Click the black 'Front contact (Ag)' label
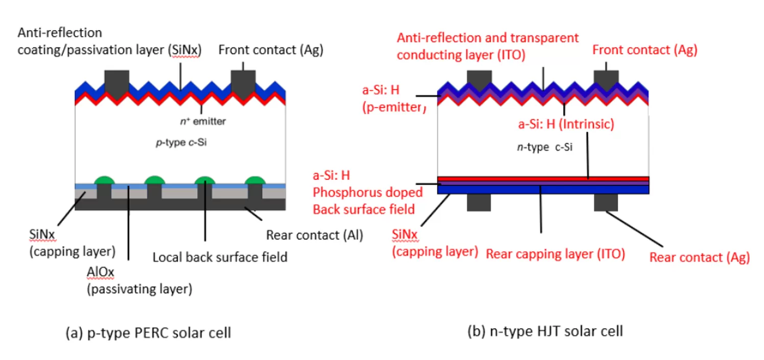point(271,50)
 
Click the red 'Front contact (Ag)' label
point(644,50)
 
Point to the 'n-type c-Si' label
point(543,147)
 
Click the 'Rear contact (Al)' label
point(314,235)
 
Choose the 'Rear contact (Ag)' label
point(699,257)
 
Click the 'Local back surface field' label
point(220,256)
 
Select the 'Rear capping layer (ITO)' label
point(555,254)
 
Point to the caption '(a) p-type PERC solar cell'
point(149,333)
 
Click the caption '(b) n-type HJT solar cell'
point(545,331)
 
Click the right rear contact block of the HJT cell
point(606,202)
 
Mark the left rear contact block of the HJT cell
point(479,202)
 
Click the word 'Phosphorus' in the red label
point(339,193)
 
